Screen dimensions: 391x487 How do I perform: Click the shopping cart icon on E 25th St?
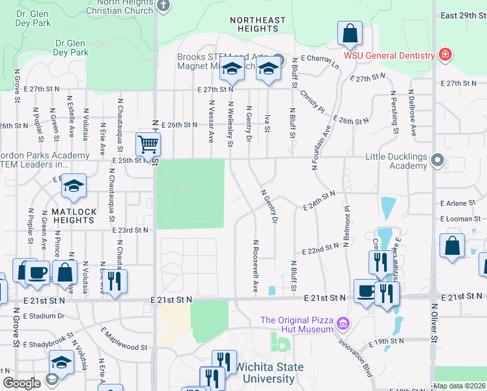pyautogui.click(x=148, y=144)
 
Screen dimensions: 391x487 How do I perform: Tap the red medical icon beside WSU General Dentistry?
pyautogui.click(x=445, y=55)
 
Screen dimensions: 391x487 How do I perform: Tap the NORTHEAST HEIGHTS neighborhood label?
pyautogui.click(x=258, y=24)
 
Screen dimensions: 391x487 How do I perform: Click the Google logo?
pyautogui.click(x=21, y=383)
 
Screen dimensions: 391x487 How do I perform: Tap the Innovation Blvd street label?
pyautogui.click(x=359, y=358)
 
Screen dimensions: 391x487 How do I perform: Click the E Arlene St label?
pyautogui.click(x=459, y=203)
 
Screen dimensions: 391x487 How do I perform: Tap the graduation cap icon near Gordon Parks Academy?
pyautogui.click(x=74, y=186)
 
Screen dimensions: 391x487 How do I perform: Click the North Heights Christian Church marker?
pyautogui.click(x=163, y=6)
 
